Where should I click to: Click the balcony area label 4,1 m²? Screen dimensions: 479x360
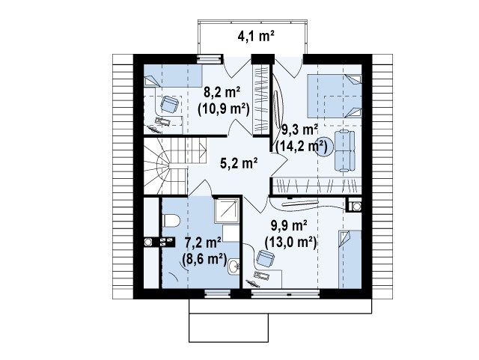point(256,37)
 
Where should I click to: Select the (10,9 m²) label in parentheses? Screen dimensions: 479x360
point(223,109)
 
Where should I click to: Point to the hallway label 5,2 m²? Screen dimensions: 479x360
point(239,163)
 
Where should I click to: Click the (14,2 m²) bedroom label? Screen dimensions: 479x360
point(302,147)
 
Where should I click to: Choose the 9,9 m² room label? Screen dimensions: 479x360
point(289,226)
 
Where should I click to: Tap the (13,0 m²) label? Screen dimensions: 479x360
point(290,242)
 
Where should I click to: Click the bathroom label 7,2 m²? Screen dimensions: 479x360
point(204,243)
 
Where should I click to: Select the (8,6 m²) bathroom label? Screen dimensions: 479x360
point(204,260)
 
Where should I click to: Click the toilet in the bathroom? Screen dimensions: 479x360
point(171,220)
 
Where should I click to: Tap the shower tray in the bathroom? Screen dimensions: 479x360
point(227,210)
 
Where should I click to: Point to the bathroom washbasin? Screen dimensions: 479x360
point(234,266)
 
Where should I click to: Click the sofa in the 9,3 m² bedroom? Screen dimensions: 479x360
point(345,150)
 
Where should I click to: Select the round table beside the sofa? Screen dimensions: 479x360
point(324,147)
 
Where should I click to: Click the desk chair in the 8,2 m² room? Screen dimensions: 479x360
point(169,105)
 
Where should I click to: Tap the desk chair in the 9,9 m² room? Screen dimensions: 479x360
point(266,258)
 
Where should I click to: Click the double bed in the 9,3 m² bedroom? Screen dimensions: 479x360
point(335,96)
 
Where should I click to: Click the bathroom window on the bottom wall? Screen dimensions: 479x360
point(218,293)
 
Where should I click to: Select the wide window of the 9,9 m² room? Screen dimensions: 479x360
point(285,294)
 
